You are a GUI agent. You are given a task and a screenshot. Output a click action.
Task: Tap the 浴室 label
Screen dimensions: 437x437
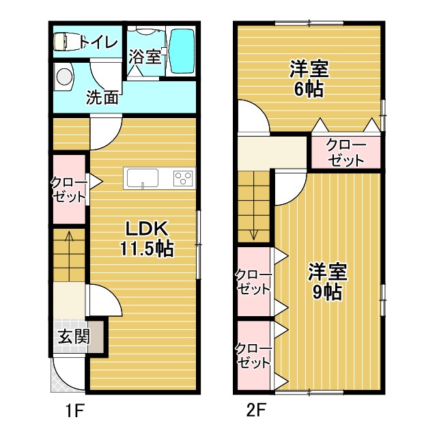[x=145, y=56]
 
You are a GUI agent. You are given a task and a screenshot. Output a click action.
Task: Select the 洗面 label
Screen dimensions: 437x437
[x=102, y=97]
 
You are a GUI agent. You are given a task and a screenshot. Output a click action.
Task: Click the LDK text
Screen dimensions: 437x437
[x=145, y=228]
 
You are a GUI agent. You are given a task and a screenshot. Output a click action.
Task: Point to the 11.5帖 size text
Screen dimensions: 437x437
[x=146, y=249]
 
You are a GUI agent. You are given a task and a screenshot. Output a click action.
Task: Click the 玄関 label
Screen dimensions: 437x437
[x=73, y=337]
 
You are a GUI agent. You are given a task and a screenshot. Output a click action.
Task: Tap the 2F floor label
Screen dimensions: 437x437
[x=256, y=412]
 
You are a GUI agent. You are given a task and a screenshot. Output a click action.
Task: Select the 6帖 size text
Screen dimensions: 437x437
[x=309, y=89]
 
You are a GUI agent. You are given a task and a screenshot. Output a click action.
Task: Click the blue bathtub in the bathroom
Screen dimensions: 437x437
[x=181, y=51]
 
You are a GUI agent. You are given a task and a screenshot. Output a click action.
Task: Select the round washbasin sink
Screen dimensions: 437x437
[x=64, y=76]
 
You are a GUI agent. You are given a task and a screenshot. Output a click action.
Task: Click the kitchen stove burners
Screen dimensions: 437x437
[x=184, y=178]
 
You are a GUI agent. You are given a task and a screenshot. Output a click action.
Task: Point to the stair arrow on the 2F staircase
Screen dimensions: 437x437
[x=254, y=232]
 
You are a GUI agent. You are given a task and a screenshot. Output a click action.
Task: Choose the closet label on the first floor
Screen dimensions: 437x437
[x=68, y=189]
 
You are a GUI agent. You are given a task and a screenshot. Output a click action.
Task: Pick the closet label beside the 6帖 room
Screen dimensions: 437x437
[x=345, y=153]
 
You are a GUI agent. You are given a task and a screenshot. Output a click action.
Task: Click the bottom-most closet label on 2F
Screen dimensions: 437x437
[x=254, y=356]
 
